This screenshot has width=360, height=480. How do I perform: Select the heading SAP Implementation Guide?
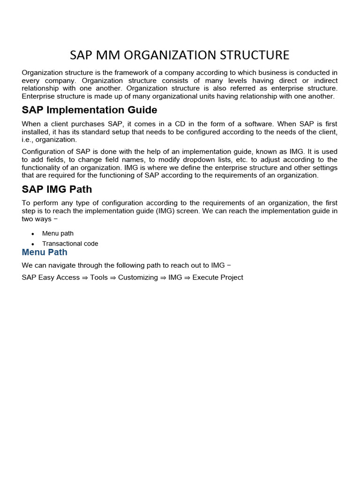click(90, 110)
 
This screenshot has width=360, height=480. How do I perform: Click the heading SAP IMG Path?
click(57, 189)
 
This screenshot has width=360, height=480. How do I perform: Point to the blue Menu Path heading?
click(45, 252)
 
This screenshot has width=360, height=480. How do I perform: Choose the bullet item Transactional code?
click(70, 244)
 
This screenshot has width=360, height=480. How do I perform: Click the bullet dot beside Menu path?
click(32, 234)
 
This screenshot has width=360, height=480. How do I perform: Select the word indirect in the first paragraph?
click(324, 81)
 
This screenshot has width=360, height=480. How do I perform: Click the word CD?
click(177, 124)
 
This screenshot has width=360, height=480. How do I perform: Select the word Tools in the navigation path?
click(99, 277)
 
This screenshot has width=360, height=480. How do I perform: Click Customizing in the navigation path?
click(138, 277)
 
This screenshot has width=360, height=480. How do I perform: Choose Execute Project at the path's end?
click(217, 277)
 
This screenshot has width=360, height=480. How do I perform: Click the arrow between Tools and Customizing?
click(113, 277)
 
